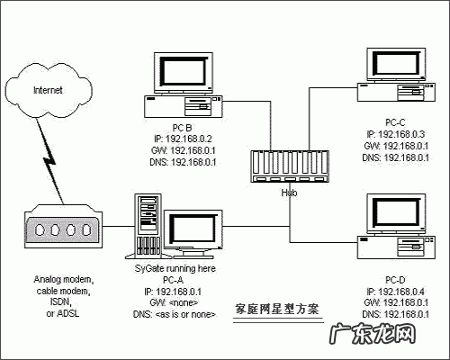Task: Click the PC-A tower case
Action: click(x=146, y=225)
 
